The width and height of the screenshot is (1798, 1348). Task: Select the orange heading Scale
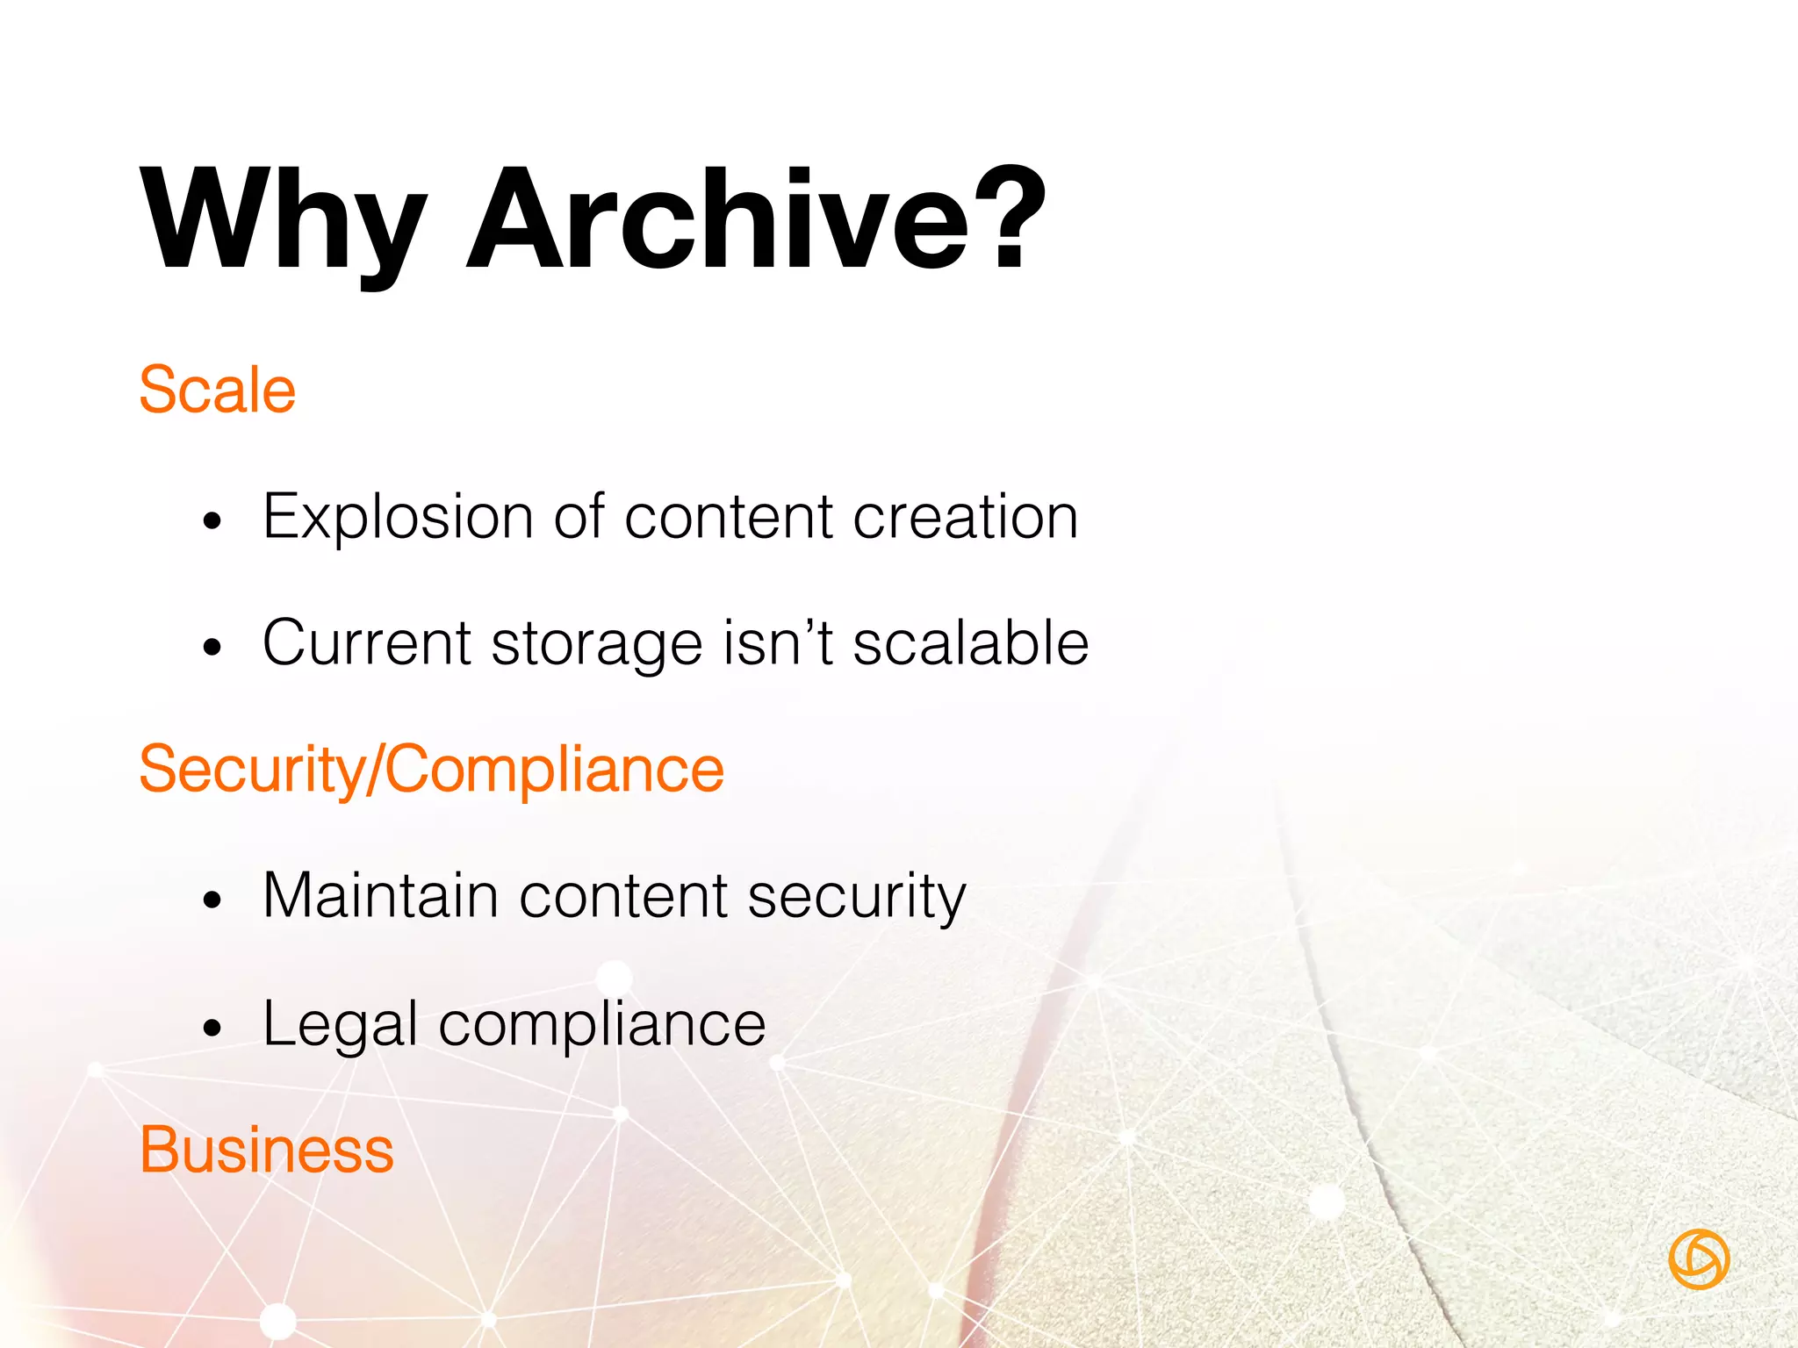218,390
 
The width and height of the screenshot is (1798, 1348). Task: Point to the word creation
966,518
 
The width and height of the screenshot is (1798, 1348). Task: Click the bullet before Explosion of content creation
212,522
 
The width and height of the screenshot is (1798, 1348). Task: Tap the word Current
367,643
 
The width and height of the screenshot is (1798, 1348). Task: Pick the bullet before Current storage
212,649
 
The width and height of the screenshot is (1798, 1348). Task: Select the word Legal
341,1025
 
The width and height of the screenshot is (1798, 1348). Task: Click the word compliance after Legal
602,1025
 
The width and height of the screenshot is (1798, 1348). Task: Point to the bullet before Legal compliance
212,1028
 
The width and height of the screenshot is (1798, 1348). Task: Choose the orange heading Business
267,1150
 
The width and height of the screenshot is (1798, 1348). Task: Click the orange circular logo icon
1699,1259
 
